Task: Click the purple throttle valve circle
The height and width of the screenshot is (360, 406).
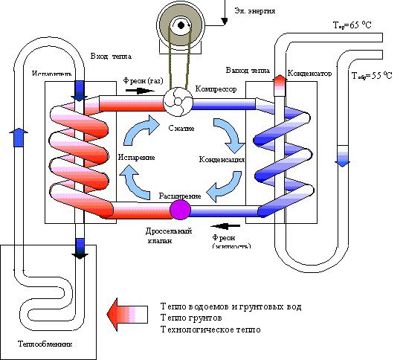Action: (181, 210)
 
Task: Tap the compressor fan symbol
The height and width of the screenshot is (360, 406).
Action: (178, 102)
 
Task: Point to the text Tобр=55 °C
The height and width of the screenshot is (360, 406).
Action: (372, 76)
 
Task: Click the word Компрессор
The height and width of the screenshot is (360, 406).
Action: (216, 89)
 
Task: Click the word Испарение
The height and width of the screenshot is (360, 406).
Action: (136, 158)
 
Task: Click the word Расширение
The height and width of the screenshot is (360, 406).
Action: (180, 195)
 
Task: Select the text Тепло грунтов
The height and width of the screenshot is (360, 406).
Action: (189, 318)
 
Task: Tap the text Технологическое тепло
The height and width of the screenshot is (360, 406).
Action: (210, 330)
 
